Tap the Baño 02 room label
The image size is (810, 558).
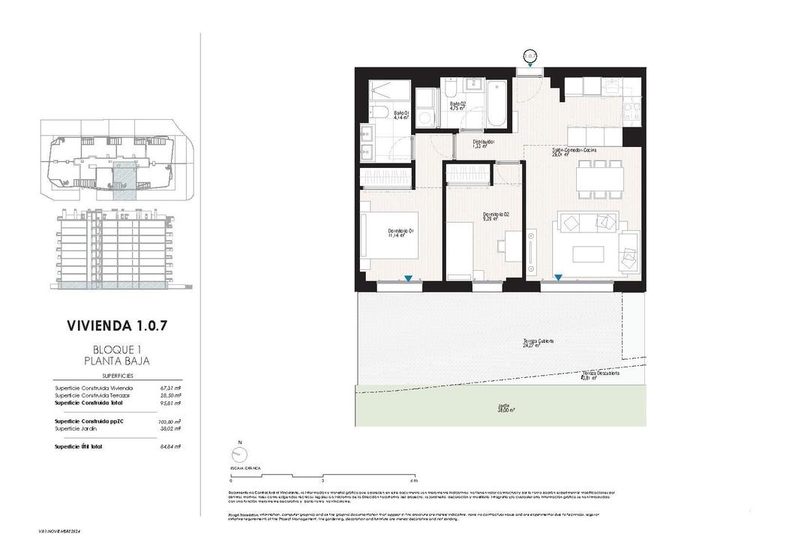457,106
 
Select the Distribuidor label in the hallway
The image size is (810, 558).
483,144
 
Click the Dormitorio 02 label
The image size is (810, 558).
496,217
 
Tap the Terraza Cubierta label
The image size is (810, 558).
538,343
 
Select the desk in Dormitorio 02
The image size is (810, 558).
513,244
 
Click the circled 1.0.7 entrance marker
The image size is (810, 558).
530,55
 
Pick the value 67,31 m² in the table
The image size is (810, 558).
171,388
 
